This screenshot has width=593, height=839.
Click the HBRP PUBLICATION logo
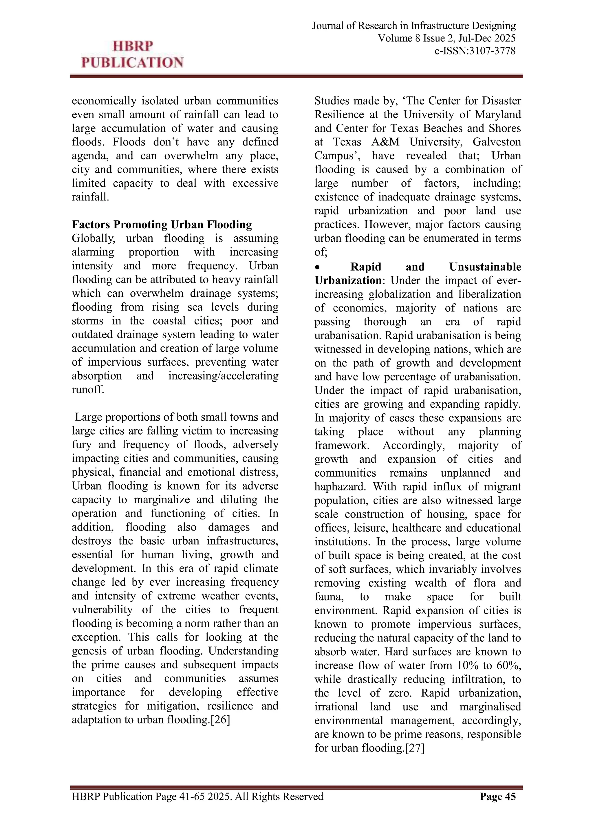132,54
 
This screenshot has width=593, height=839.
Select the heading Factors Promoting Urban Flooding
162,224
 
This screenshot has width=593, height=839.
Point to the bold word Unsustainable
485,267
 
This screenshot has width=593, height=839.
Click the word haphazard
340,487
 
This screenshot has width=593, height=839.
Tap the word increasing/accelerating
223,376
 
